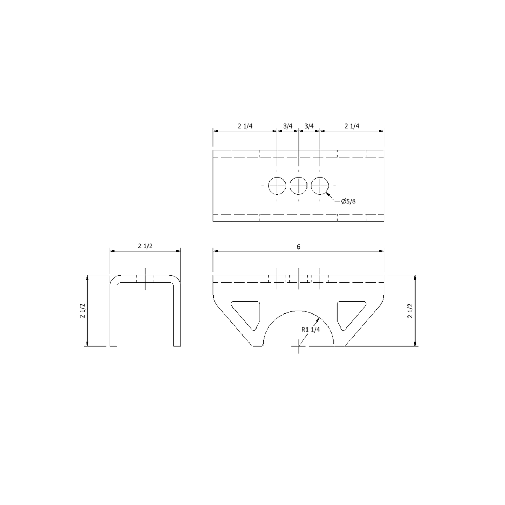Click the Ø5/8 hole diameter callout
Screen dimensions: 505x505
[348, 201]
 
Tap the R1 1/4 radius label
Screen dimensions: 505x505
[311, 330]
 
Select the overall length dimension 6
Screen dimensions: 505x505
[298, 247]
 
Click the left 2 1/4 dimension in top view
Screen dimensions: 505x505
[245, 126]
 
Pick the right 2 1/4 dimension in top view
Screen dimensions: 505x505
[352, 126]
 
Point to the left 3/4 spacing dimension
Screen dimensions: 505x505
[288, 126]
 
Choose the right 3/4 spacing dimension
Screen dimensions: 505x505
[309, 126]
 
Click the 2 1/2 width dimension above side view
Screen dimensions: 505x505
[145, 246]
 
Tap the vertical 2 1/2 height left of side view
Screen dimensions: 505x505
[82, 311]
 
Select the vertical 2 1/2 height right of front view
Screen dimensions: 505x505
[410, 311]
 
